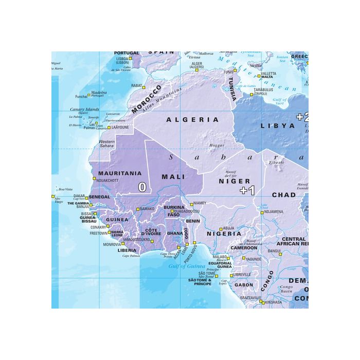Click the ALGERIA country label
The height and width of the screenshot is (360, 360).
point(192,120)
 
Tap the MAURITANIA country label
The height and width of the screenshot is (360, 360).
point(119,173)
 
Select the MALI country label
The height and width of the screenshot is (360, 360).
point(173,176)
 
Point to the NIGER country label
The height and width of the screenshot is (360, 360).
point(235,181)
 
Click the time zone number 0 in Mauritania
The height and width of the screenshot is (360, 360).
point(142,187)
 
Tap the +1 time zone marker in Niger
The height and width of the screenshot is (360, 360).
point(247,190)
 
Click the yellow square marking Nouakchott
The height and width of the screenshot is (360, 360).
point(94,179)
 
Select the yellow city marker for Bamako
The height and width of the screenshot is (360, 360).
point(137,209)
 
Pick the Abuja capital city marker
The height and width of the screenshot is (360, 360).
point(221,229)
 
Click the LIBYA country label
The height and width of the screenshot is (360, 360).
point(278,125)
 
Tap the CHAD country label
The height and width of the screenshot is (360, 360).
point(283,195)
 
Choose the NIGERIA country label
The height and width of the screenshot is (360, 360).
point(224,234)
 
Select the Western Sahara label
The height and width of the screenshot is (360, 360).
point(106,143)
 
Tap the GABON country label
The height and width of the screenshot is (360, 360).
point(244,284)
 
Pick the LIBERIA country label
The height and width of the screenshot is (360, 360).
point(127,250)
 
